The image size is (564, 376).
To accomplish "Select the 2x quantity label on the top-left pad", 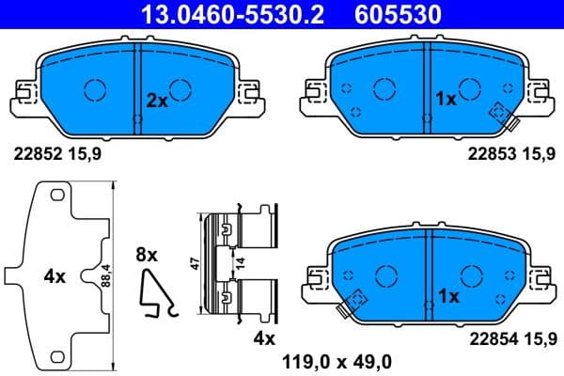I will click(x=156, y=98).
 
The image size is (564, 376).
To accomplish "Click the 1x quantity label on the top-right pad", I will click(x=446, y=98).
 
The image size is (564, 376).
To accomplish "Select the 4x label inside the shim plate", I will click(x=55, y=276).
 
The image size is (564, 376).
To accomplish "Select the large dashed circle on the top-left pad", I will click(x=96, y=90).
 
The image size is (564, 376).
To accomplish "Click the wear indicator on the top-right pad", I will click(x=499, y=115).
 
